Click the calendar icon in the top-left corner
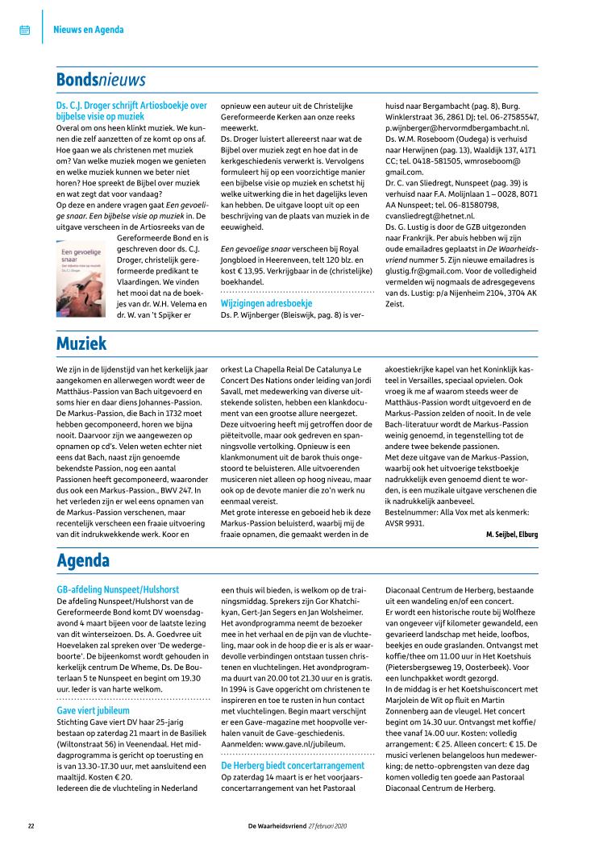[24, 31]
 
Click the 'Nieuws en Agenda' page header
[89, 31]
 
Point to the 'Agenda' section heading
[84, 560]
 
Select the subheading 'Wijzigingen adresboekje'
[266, 303]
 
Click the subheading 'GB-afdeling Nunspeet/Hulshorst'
[118, 590]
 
